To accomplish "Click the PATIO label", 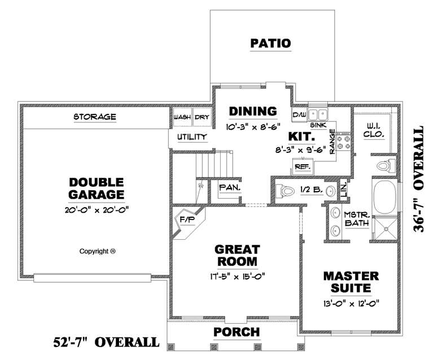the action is click(x=270, y=43).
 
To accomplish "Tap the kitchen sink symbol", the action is click(x=318, y=115).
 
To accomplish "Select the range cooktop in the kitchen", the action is click(x=343, y=141).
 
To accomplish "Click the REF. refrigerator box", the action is click(x=303, y=166).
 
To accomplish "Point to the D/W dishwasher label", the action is click(x=300, y=115).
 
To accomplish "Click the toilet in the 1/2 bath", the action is click(x=284, y=190).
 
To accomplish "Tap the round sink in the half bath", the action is click(x=331, y=190).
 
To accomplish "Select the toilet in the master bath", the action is click(x=386, y=166).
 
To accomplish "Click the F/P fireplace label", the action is click(x=187, y=220).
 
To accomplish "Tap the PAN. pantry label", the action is click(x=230, y=188).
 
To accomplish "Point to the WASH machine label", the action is click(x=182, y=117).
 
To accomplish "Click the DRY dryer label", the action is click(x=202, y=117).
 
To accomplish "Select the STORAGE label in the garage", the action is click(x=95, y=117).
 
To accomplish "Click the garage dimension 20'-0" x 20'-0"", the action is click(x=97, y=210).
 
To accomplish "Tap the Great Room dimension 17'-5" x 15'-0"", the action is click(x=238, y=276).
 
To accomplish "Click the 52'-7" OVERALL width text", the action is click(x=106, y=342).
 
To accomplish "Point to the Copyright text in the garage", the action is click(x=98, y=251).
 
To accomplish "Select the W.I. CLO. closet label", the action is click(x=374, y=130).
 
